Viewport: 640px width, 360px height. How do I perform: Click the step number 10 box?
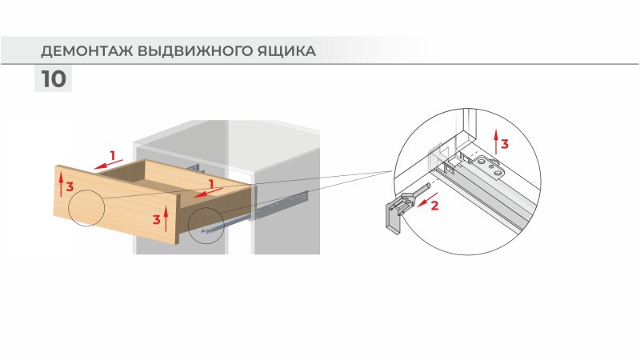coord(53,80)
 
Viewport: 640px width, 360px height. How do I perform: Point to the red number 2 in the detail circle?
coord(434,206)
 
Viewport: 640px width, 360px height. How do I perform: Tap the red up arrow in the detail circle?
coord(495,141)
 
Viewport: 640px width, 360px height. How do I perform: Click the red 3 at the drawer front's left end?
coord(70,186)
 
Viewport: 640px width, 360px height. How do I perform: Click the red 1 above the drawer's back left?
coord(113,154)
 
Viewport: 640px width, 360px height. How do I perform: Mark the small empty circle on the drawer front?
coord(86,210)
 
